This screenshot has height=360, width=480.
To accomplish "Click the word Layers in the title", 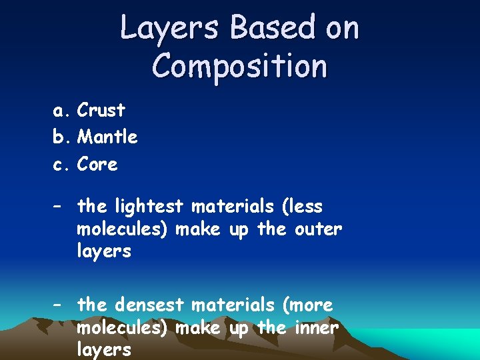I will (170, 29).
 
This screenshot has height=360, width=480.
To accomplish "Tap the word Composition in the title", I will (239, 67).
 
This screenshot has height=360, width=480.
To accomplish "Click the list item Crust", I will (101, 110).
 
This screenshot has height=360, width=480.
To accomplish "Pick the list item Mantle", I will (107, 137).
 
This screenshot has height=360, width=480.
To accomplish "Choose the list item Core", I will (97, 164).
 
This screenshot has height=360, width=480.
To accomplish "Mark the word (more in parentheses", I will (308, 305).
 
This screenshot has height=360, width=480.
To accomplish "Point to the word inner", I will (316, 328).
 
